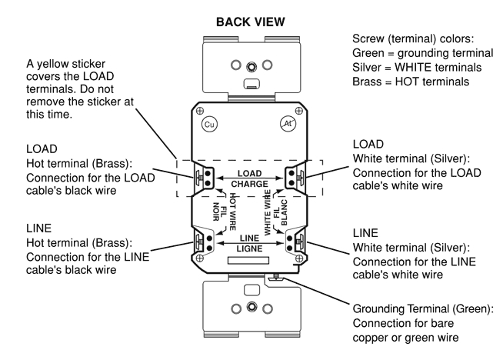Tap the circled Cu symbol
207,123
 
